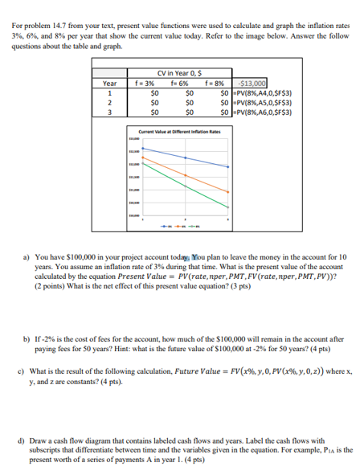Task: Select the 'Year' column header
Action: pyautogui.click(x=109, y=82)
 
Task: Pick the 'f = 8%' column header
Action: pyautogui.click(x=214, y=82)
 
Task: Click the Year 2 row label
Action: pyautogui.click(x=109, y=102)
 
